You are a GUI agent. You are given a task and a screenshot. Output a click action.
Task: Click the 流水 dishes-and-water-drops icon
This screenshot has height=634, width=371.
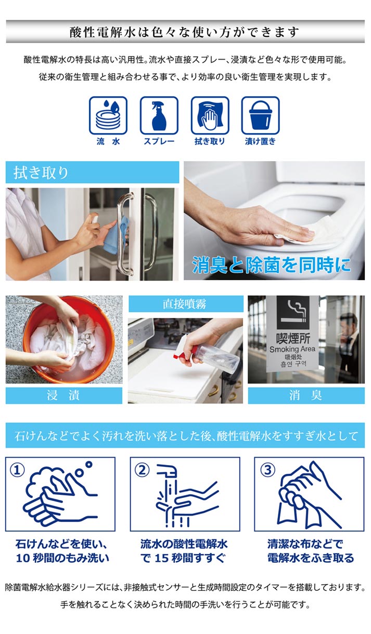click(108, 115)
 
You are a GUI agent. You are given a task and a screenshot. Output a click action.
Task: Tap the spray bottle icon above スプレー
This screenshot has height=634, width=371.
click(159, 115)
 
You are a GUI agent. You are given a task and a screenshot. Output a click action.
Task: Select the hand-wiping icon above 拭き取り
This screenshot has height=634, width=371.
click(210, 115)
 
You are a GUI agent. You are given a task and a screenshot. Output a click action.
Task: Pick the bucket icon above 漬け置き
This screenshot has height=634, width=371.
click(260, 115)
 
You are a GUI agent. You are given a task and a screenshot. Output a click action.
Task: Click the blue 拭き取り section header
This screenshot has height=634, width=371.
click(92, 173)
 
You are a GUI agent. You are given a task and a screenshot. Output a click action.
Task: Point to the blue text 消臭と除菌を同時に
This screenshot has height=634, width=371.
click(272, 265)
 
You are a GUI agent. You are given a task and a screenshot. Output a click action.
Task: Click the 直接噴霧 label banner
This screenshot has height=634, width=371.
click(186, 304)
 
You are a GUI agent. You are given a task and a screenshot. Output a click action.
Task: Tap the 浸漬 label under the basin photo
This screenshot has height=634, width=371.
click(64, 395)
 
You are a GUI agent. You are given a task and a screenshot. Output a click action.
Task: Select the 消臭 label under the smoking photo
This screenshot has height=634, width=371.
click(306, 395)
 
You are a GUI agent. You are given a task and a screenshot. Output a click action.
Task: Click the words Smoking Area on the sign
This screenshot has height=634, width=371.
click(292, 350)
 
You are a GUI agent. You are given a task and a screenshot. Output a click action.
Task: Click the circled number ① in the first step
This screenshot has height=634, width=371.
click(18, 470)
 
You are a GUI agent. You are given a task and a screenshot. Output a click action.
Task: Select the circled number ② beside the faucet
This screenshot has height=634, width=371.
click(142, 470)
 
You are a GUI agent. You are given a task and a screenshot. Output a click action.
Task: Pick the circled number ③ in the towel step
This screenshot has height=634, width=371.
click(267, 470)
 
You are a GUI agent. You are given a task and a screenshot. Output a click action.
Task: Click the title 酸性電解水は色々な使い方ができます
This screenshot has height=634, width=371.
click(185, 32)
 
